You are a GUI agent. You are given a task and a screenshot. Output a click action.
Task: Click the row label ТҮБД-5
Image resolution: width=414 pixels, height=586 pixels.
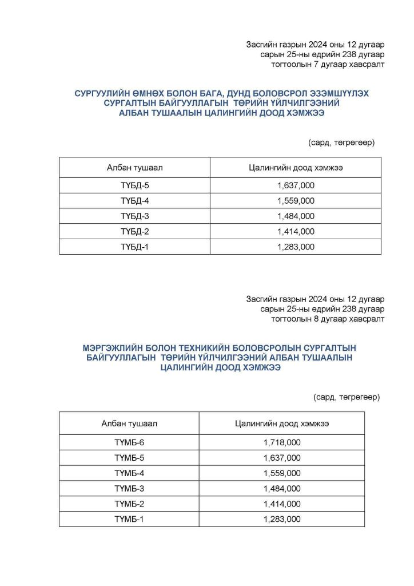tap(134, 185)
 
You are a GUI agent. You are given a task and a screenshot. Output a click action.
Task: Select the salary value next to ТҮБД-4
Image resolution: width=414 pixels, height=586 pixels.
tap(296, 201)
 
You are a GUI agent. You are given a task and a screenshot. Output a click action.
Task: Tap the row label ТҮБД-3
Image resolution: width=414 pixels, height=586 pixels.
tap(134, 216)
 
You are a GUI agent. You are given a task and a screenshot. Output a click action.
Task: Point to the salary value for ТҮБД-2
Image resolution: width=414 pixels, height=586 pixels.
tap(296, 232)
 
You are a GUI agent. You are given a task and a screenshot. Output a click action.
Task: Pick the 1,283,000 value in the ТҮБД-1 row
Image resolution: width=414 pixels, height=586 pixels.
tap(296, 247)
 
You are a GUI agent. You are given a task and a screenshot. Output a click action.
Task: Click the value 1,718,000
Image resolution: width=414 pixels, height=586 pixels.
tap(282, 442)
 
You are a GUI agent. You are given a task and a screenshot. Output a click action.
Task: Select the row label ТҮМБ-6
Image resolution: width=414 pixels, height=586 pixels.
tap(129, 442)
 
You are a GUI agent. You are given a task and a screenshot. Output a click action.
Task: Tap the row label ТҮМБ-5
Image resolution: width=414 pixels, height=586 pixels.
tap(129, 458)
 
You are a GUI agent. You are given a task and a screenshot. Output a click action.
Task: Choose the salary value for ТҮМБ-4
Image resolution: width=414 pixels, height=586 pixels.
tap(282, 473)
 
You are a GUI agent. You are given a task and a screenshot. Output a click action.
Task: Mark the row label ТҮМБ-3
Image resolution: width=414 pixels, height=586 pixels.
tap(129, 489)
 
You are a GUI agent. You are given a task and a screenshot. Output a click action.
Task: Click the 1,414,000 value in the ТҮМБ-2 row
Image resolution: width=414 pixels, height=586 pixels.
tap(282, 504)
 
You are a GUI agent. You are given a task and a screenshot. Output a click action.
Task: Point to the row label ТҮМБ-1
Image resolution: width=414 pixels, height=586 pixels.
tap(129, 520)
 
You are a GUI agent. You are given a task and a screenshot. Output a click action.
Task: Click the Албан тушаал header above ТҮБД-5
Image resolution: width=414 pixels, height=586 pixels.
tap(134, 167)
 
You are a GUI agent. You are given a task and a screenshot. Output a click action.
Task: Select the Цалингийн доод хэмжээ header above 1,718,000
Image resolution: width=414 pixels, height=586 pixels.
tap(282, 423)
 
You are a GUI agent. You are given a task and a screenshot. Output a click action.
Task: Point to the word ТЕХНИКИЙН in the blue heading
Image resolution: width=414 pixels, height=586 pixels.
tap(202, 347)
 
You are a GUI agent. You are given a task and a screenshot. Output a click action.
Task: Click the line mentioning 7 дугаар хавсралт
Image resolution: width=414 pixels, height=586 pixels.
tap(328, 65)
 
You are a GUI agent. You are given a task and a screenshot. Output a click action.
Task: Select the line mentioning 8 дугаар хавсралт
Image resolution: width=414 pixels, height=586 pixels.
tap(328, 319)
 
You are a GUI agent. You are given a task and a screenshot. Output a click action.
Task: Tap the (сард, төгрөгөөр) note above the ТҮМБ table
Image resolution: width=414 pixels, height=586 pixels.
tap(347, 397)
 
